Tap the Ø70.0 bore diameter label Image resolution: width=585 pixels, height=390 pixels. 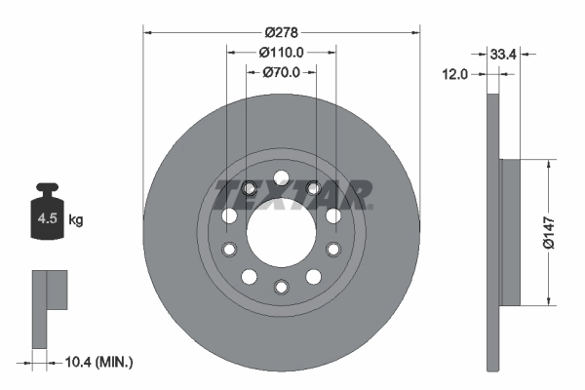(x=282, y=72)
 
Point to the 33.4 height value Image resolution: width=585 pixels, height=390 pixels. (x=501, y=54)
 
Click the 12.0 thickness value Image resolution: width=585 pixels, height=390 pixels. (x=456, y=73)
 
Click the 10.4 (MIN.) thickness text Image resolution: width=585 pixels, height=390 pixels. (x=97, y=362)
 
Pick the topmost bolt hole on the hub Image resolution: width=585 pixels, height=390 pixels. (x=282, y=178)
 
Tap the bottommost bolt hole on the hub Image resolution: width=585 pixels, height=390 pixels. (x=282, y=287)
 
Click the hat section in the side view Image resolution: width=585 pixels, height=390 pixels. (x=513, y=232)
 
